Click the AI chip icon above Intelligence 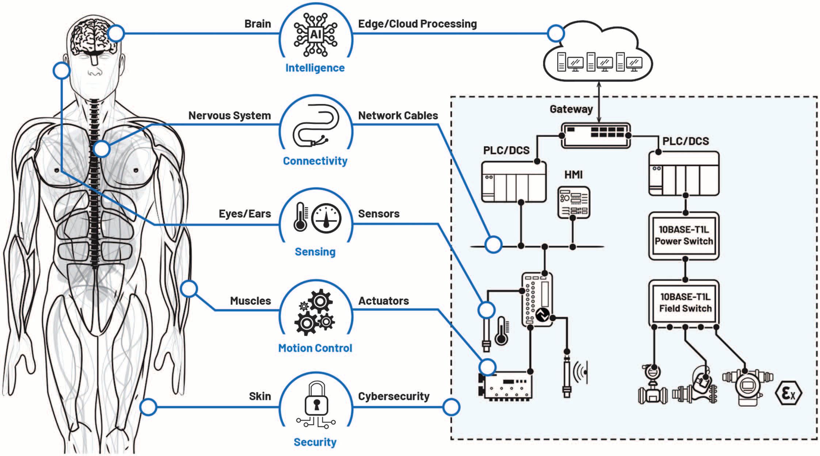click(x=316, y=35)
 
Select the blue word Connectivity click(x=315, y=161)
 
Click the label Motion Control click(x=315, y=348)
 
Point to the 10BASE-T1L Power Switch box click(x=684, y=236)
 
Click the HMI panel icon click(x=573, y=202)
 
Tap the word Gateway click(x=571, y=109)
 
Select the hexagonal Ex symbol click(x=788, y=393)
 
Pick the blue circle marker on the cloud click(x=556, y=34)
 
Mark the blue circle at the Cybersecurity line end click(x=451, y=407)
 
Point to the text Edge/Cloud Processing click(x=417, y=24)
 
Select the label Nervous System click(x=229, y=116)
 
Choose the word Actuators click(x=383, y=301)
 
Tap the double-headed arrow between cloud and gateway click(x=599, y=102)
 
